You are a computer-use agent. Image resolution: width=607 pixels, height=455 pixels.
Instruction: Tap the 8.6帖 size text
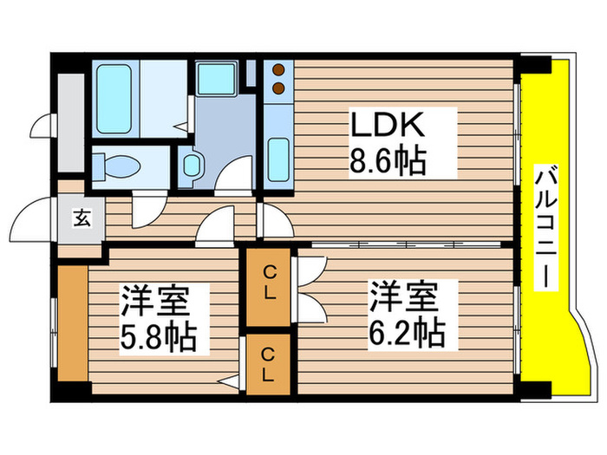(x=388, y=160)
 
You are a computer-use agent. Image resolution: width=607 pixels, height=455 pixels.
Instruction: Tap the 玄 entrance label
(x=81, y=218)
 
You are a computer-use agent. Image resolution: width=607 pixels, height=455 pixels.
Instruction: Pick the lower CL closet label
(x=270, y=365)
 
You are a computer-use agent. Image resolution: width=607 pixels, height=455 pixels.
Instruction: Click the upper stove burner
(x=278, y=69)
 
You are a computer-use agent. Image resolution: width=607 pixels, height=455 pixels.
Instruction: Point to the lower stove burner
(x=278, y=87)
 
